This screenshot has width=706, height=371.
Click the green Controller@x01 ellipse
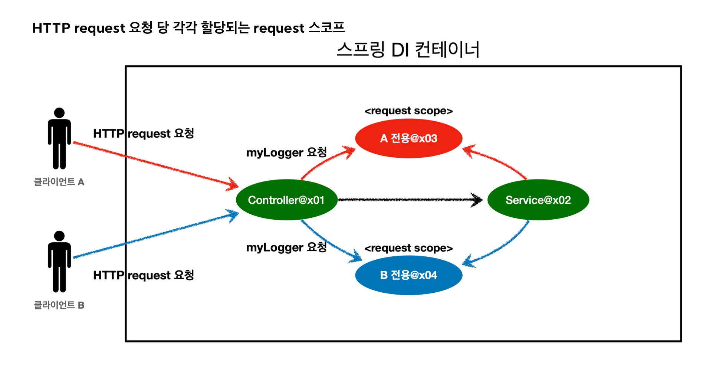click(x=286, y=200)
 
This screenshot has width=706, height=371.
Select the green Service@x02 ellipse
click(x=538, y=200)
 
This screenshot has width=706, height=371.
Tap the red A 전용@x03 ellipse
click(x=408, y=138)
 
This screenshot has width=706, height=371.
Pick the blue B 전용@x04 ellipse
click(x=408, y=275)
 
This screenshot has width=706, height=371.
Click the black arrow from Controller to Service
click(x=408, y=200)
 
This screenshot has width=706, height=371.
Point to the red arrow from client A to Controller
click(x=156, y=164)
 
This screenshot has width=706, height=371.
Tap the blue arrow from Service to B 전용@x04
click(x=501, y=249)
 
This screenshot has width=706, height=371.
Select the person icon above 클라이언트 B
click(x=59, y=261)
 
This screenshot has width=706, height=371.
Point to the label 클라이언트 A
click(x=59, y=182)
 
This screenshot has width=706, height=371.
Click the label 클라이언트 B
click(x=59, y=305)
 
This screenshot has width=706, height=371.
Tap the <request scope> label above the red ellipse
click(x=408, y=111)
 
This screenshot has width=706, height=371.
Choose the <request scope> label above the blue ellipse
click(x=408, y=248)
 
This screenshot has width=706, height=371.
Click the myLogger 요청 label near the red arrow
click(x=286, y=152)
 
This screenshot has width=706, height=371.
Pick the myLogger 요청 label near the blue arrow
click(x=286, y=247)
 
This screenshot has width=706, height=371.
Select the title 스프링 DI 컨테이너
click(x=408, y=50)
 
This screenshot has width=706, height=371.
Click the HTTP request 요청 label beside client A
click(x=144, y=133)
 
